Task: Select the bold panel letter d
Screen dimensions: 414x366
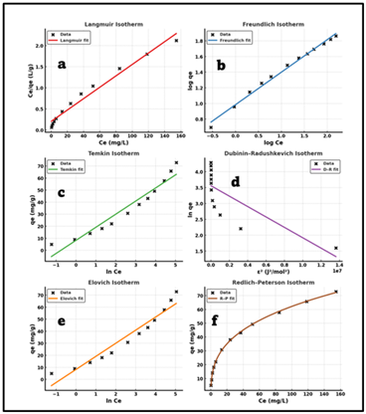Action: [263, 181]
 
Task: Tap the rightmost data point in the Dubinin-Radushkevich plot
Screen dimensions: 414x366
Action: [336, 248]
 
